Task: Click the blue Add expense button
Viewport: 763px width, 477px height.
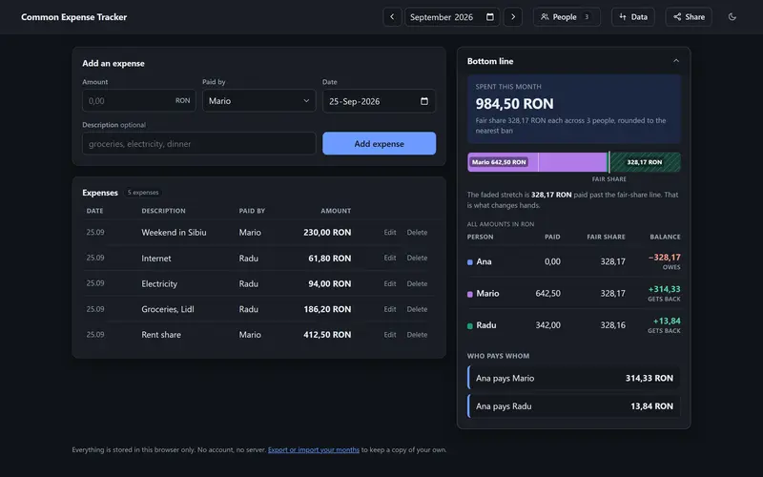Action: coord(379,144)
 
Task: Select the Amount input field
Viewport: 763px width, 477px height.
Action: coord(138,101)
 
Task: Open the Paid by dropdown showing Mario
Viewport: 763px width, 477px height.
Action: coord(258,101)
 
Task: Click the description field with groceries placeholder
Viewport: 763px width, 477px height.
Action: coord(199,144)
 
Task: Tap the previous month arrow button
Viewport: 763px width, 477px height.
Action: coord(392,17)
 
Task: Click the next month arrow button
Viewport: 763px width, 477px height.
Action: coord(513,17)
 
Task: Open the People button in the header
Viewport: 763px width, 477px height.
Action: coord(567,17)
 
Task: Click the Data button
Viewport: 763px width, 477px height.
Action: coord(633,17)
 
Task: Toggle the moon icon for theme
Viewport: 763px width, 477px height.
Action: coord(732,17)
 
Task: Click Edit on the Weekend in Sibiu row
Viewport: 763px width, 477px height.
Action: coord(390,233)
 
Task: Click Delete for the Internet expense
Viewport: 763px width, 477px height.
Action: coord(417,258)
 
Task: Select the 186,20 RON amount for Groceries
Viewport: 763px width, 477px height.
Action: coord(327,309)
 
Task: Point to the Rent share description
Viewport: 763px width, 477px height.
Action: coord(161,335)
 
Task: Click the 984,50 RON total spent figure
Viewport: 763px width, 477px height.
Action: coord(514,104)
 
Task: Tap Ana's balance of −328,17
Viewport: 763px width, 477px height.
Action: coord(664,258)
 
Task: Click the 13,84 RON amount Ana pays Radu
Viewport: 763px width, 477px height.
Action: coord(651,406)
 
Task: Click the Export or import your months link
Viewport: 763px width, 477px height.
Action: coord(314,449)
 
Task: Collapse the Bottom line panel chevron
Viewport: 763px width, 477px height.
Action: coord(676,61)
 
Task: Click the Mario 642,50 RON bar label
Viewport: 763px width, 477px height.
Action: coord(499,162)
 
